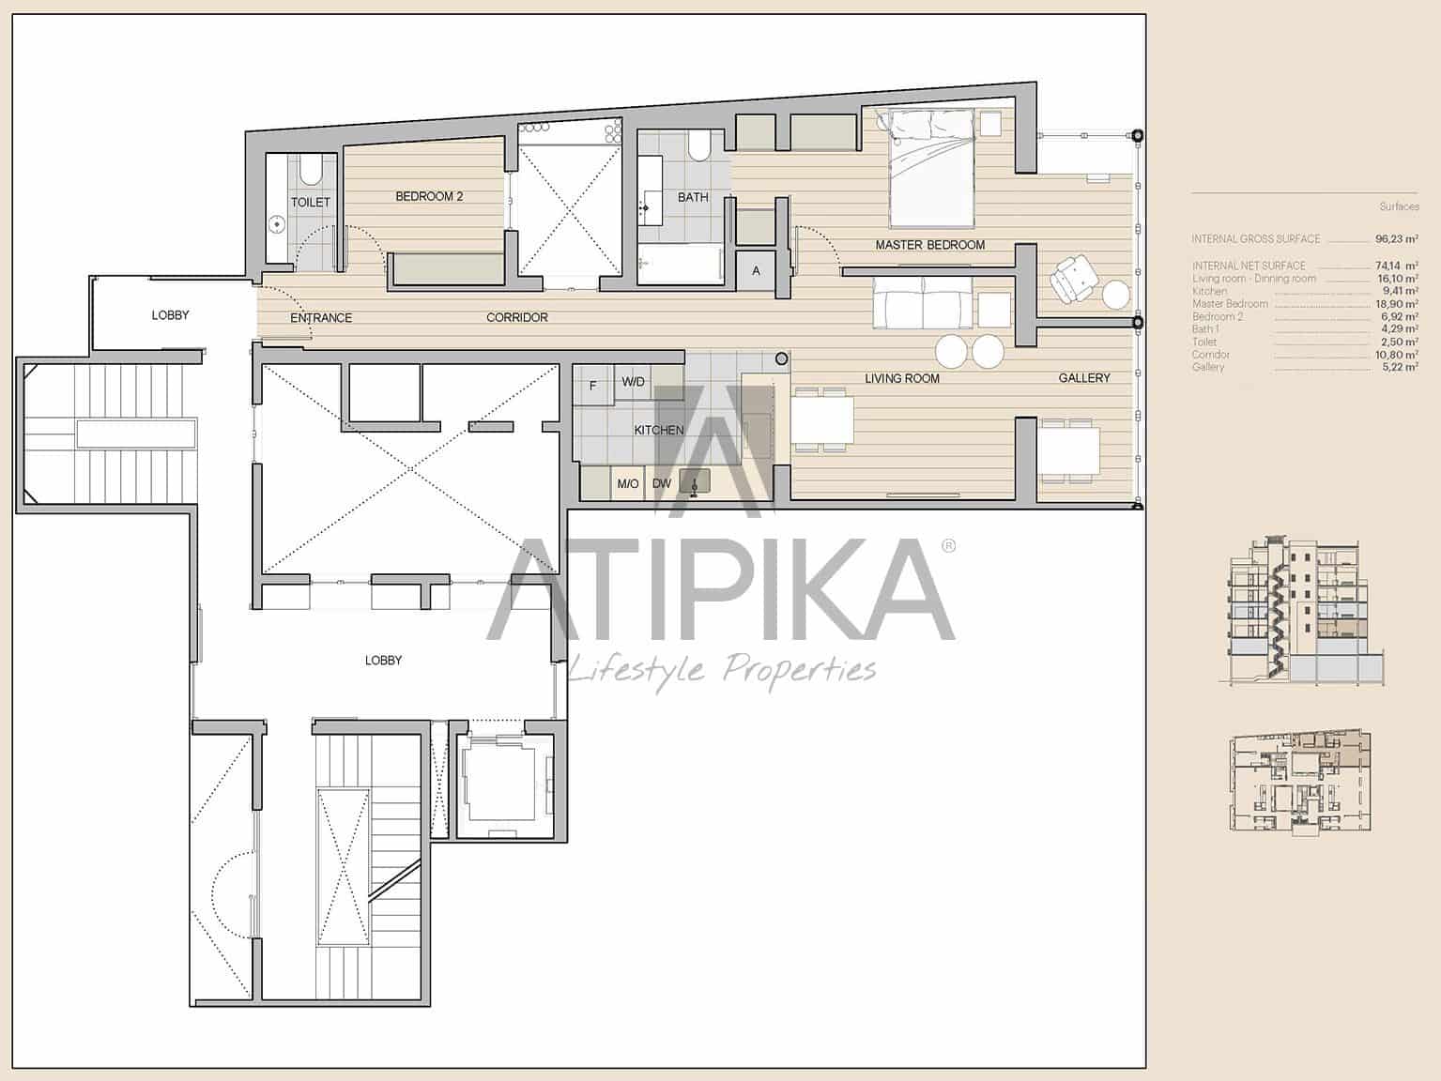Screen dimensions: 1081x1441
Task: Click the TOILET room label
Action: (311, 203)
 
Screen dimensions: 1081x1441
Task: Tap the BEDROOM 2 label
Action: (429, 197)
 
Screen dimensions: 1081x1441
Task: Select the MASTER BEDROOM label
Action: (929, 245)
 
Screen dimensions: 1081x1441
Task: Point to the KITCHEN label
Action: (658, 431)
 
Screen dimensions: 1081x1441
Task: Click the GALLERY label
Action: (1084, 378)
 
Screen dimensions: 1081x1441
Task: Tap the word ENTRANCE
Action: (321, 318)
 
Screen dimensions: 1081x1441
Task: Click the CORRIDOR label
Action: (516, 318)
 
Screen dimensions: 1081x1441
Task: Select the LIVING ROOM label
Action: (901, 379)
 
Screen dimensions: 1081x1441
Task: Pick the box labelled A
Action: (756, 271)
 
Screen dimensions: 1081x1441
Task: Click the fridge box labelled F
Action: (592, 386)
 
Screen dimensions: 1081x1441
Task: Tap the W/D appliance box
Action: (634, 382)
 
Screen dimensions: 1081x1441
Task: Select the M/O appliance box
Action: (627, 484)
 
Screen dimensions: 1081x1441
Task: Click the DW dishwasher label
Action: (662, 484)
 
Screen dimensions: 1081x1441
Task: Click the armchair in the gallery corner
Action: (1072, 279)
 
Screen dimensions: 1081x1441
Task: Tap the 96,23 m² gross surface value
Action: (1397, 239)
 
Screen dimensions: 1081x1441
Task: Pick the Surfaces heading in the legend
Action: (1399, 206)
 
